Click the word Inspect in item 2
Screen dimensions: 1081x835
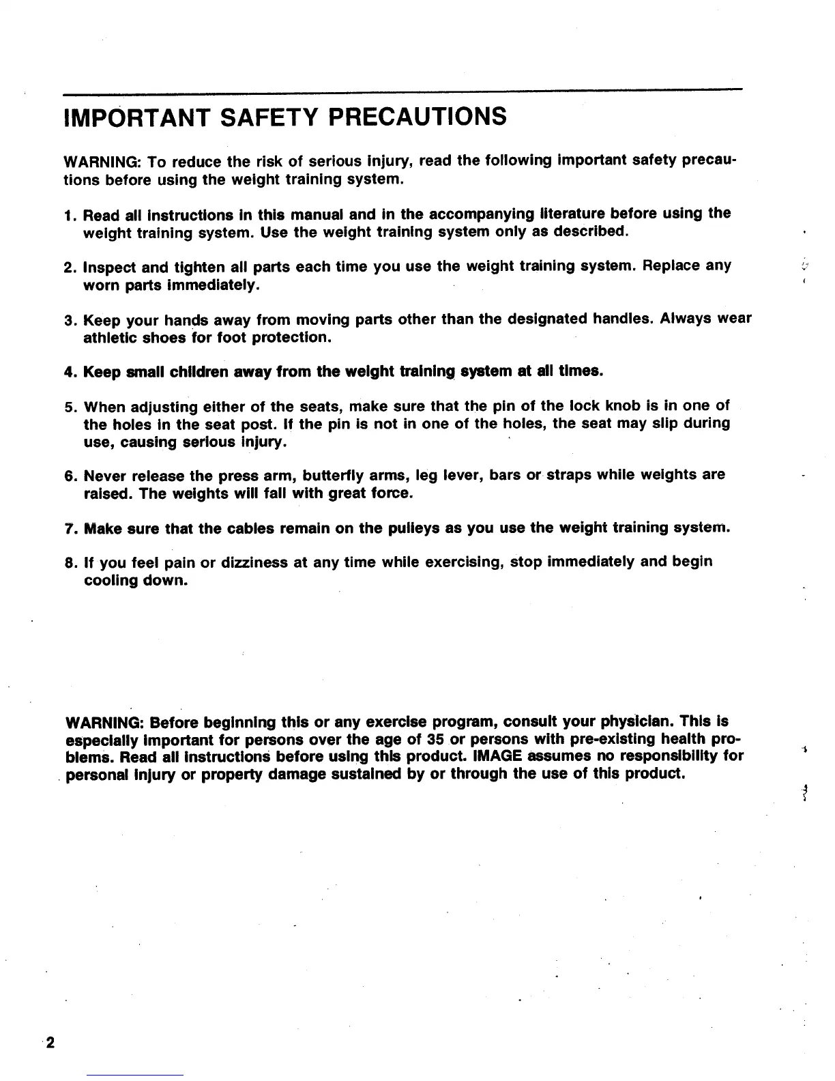(110, 266)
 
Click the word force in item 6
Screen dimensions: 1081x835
(393, 493)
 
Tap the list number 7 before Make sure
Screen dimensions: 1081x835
(68, 528)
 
